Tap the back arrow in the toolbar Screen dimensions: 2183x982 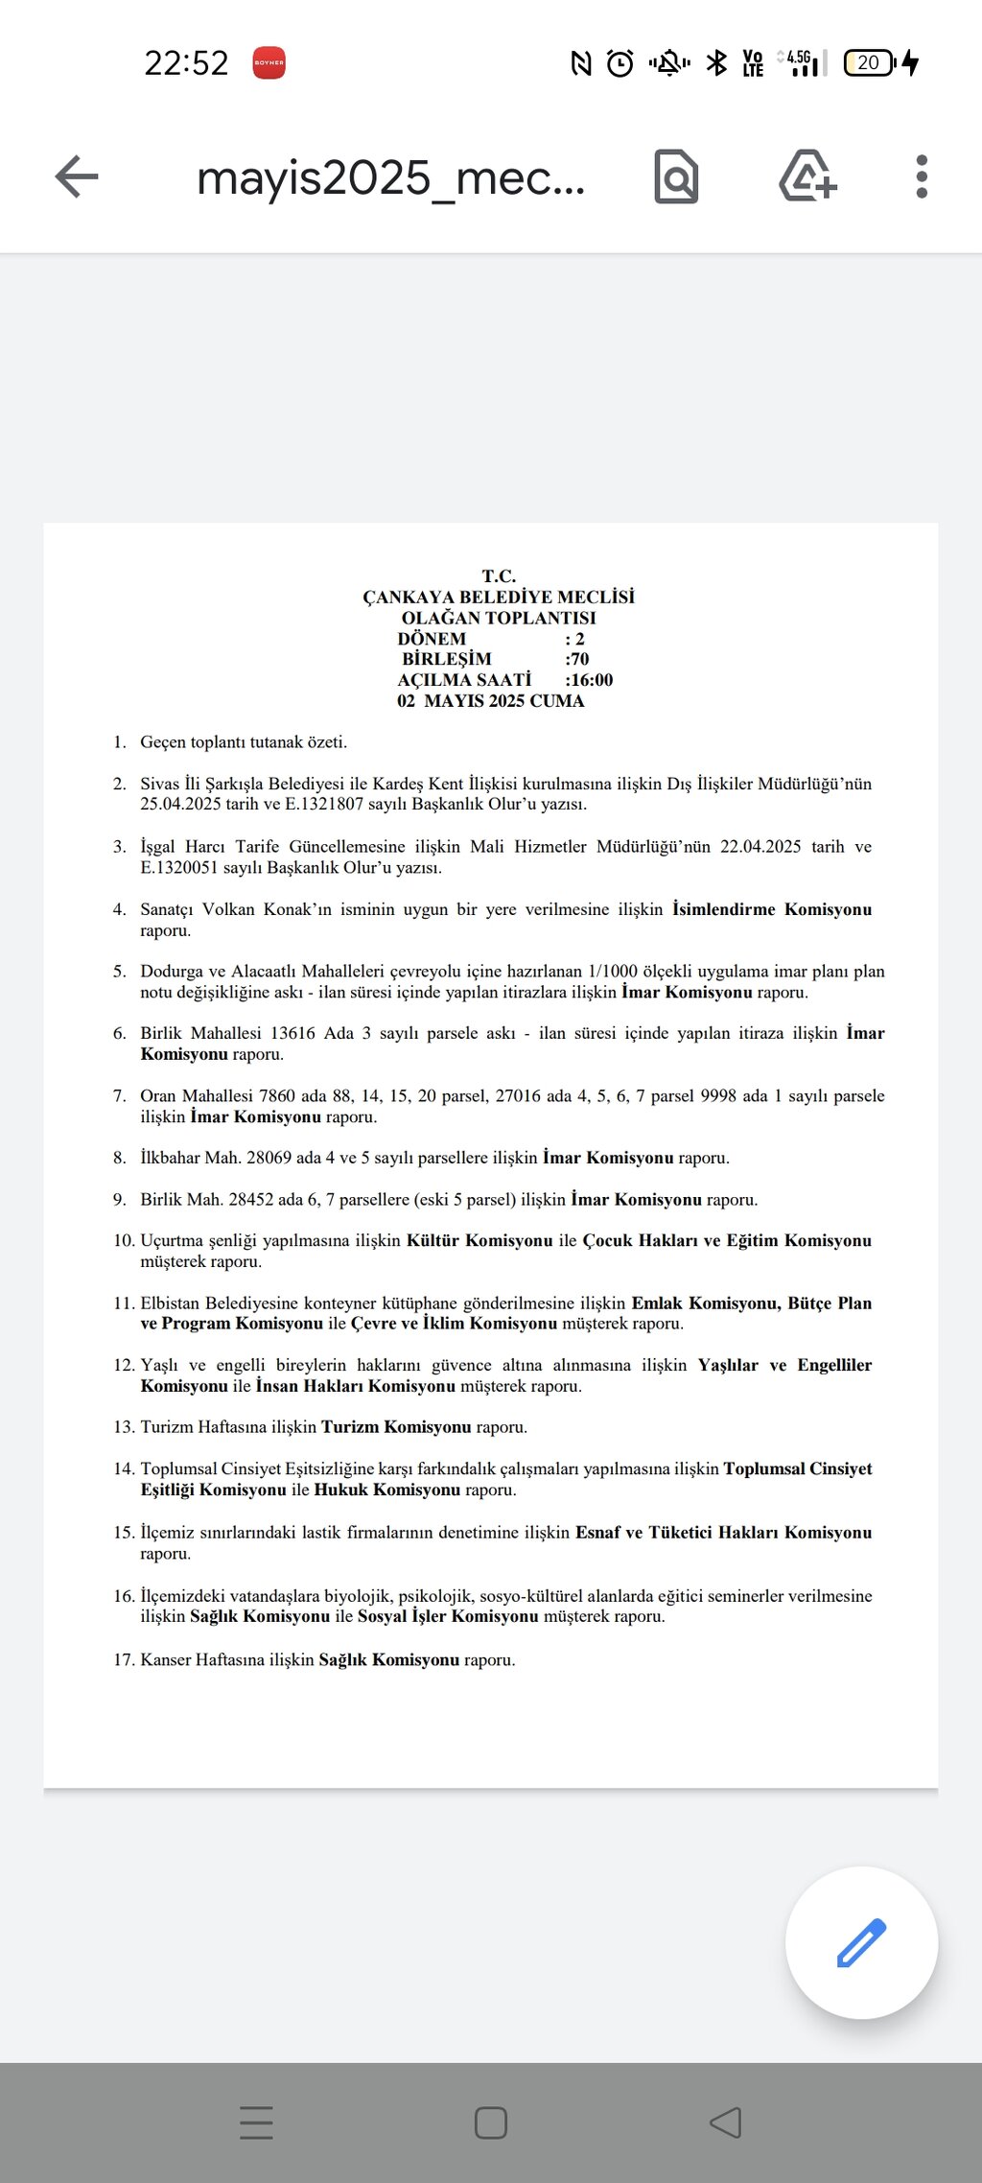[77, 176]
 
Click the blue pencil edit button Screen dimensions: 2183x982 [861, 1942]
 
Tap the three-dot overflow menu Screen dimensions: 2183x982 [922, 176]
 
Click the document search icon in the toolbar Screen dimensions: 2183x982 [676, 176]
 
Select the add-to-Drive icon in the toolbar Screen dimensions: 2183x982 [807, 176]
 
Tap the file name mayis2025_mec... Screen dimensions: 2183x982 [390, 178]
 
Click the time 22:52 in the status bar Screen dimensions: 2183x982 [186, 63]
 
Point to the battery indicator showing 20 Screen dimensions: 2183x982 [869, 63]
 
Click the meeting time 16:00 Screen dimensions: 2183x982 [591, 680]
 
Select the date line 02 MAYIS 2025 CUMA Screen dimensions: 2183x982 [490, 701]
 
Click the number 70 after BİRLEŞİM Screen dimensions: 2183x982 [578, 659]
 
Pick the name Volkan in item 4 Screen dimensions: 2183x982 [228, 909]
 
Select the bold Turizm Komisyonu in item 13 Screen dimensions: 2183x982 [396, 1427]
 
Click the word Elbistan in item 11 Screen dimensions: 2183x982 [171, 1303]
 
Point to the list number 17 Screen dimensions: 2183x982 [124, 1659]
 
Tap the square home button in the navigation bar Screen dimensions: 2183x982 [491, 2123]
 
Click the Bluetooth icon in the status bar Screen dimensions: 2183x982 [716, 63]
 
